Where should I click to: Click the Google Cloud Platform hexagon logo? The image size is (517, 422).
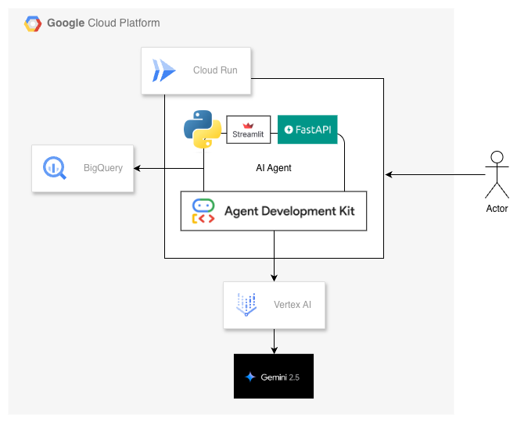(x=33, y=23)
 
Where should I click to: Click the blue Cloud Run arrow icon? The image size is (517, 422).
(x=164, y=70)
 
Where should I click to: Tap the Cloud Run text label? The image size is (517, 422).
(x=215, y=70)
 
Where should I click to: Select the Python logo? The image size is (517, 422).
(x=203, y=129)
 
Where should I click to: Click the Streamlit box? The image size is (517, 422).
(x=248, y=130)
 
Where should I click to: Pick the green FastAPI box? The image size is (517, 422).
(x=307, y=130)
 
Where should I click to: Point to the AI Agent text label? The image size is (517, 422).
(x=274, y=168)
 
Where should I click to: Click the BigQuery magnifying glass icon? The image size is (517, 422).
(x=55, y=168)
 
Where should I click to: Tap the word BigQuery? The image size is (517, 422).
(x=103, y=168)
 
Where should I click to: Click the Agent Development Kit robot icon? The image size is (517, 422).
(x=203, y=211)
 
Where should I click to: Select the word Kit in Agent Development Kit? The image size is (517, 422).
(x=346, y=211)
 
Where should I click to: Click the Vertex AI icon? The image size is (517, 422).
(x=246, y=305)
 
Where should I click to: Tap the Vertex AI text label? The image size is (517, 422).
(x=293, y=305)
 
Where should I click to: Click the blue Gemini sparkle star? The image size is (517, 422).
(x=250, y=377)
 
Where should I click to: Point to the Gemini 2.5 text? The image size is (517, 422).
(x=280, y=377)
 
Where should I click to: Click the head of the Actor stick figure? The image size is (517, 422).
(x=497, y=157)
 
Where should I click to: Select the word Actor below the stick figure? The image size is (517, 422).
(x=497, y=209)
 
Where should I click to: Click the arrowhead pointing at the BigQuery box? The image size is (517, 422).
(x=137, y=168)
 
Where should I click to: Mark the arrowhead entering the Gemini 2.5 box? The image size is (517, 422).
(x=274, y=351)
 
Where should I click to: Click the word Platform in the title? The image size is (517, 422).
(x=139, y=23)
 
